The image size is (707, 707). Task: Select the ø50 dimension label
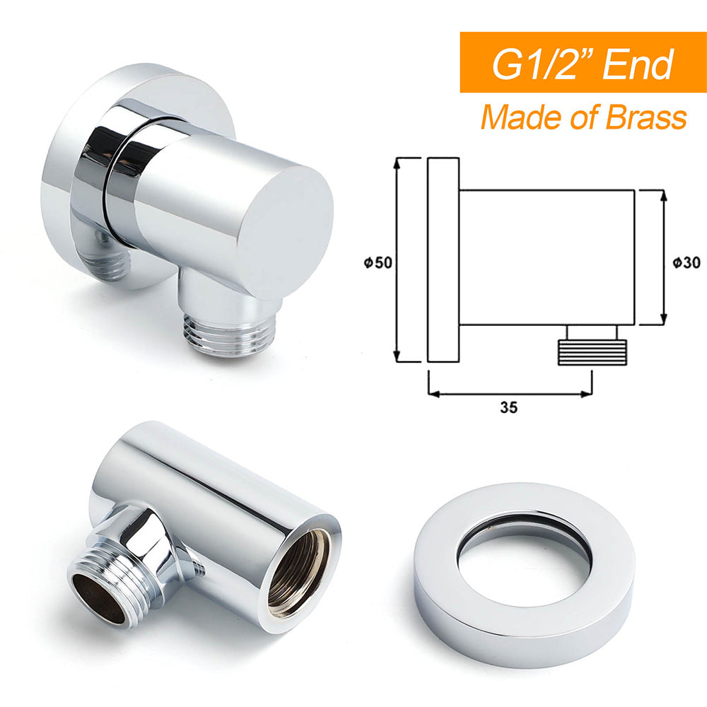(375, 262)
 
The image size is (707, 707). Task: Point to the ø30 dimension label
(686, 262)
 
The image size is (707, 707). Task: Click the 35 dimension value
(508, 407)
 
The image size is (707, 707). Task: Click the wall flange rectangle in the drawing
(443, 260)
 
